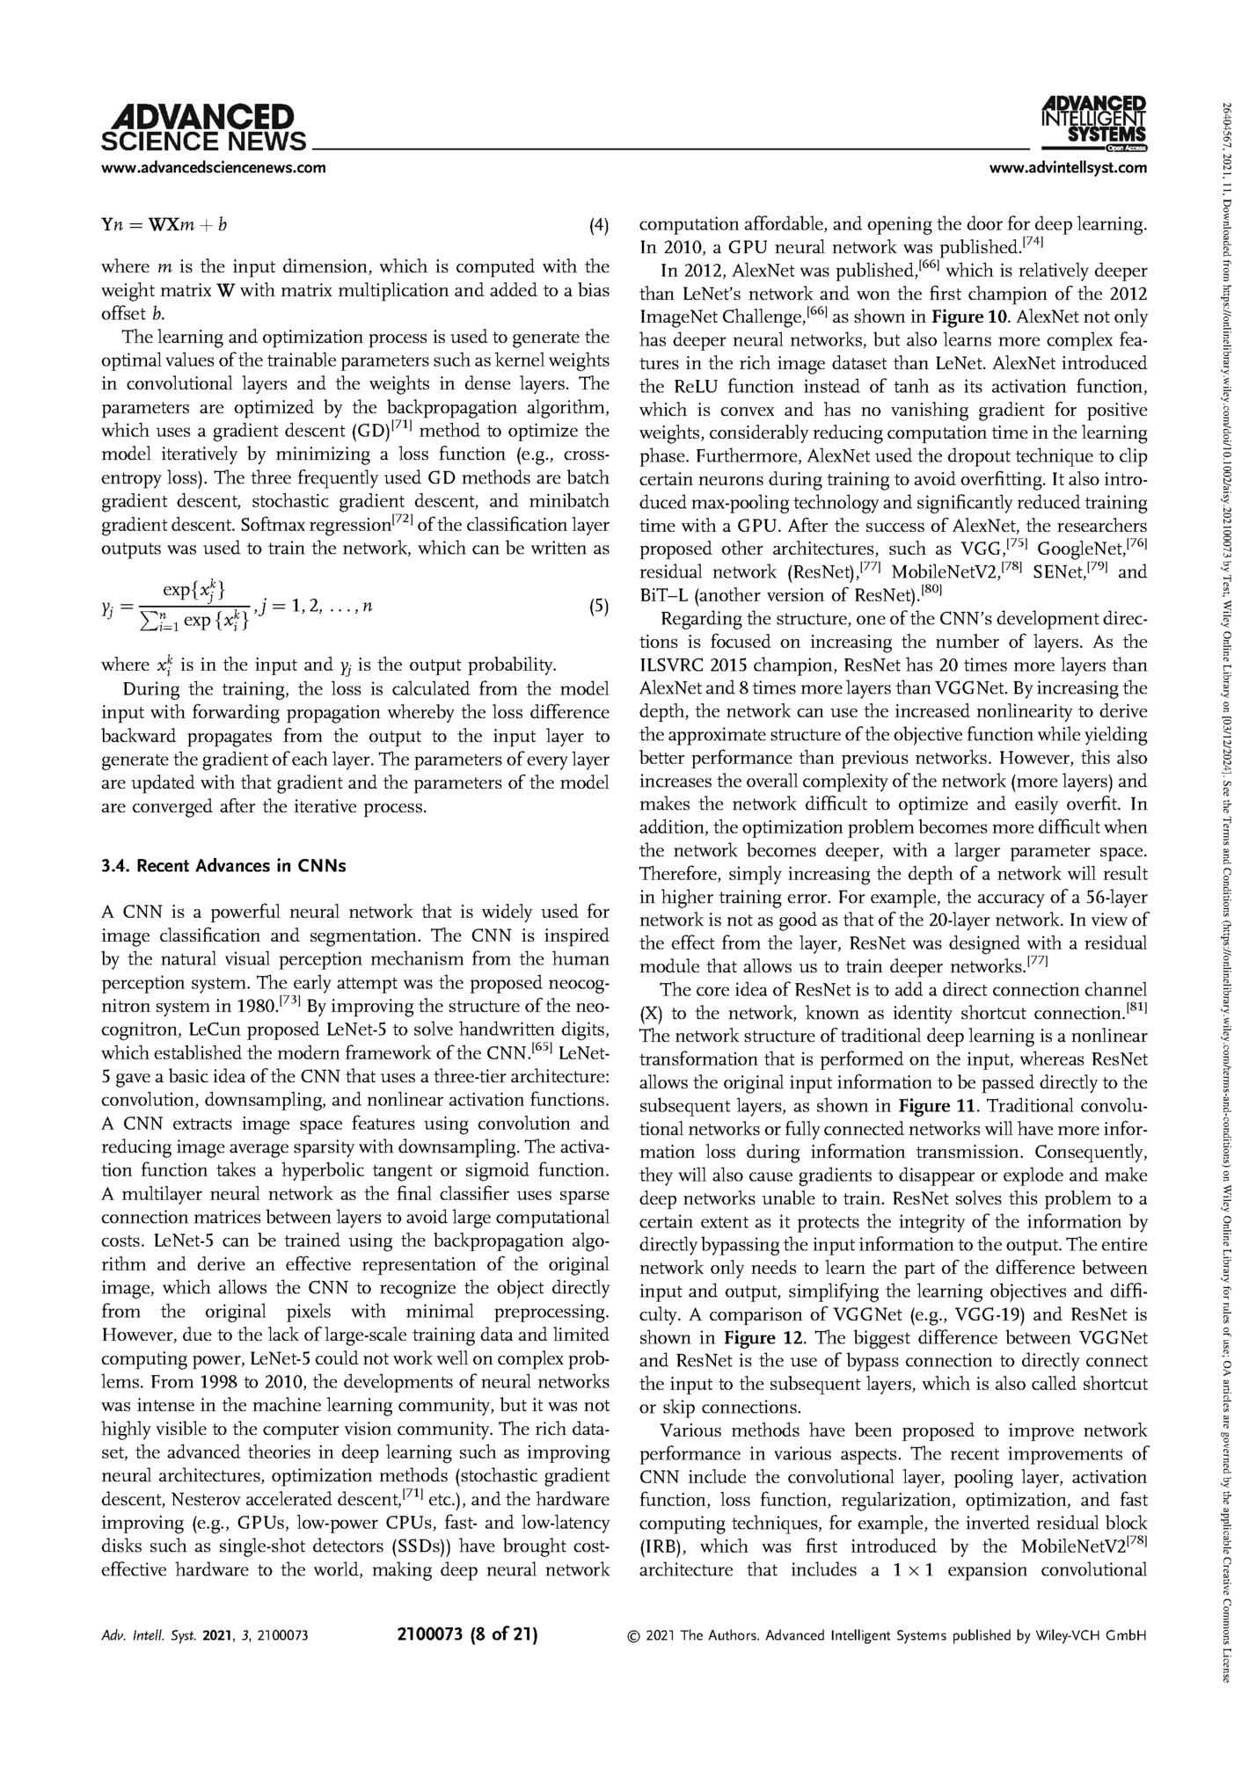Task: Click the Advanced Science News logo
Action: [204, 128]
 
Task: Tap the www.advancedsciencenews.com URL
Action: [214, 167]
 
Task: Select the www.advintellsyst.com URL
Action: [1069, 167]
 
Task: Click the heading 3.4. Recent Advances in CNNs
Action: [224, 866]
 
